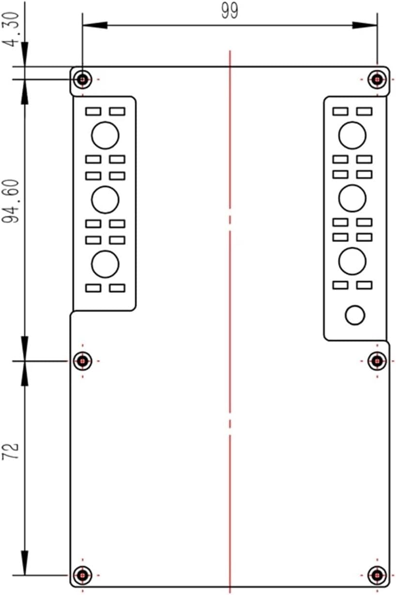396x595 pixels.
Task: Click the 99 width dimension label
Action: click(x=229, y=11)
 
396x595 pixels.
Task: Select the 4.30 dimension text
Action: click(x=12, y=30)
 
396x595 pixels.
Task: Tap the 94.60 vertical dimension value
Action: click(x=12, y=201)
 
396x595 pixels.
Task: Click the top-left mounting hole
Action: click(x=83, y=78)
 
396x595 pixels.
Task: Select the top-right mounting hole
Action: click(x=377, y=78)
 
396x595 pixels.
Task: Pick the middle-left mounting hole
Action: click(x=83, y=360)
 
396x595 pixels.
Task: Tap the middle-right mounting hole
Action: click(x=377, y=360)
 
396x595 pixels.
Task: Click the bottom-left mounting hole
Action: click(x=83, y=575)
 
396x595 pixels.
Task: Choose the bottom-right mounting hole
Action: click(x=377, y=575)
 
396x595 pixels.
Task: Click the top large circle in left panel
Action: click(x=105, y=135)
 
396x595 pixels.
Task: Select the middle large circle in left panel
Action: click(x=105, y=199)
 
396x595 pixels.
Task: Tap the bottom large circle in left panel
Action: click(x=105, y=264)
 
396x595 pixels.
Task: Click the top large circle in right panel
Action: click(x=352, y=135)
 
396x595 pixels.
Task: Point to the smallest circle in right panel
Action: click(x=354, y=315)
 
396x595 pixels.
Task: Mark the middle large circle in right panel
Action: click(x=352, y=198)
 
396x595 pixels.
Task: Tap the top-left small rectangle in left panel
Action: click(x=93, y=111)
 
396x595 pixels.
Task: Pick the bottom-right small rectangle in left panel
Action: click(x=117, y=288)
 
